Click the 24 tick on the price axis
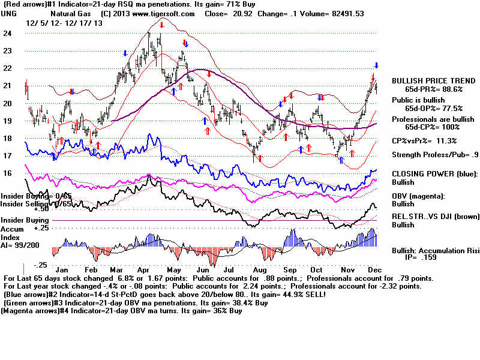pos(8,34)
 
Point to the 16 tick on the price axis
pos(8,173)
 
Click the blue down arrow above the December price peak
pos(377,65)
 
